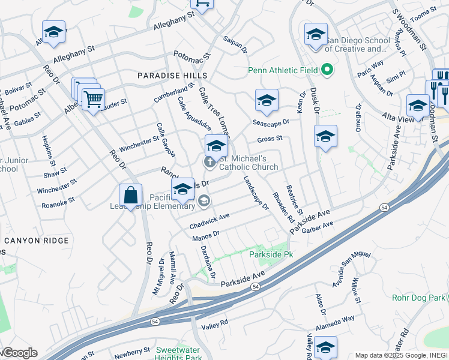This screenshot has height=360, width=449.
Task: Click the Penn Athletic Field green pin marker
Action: coord(327,70)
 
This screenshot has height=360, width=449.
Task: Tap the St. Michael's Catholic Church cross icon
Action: coord(210,161)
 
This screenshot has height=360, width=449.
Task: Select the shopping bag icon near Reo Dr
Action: coord(130,196)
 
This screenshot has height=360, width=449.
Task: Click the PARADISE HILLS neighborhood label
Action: coord(172,76)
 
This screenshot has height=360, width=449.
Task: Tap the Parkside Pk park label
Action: coord(271,254)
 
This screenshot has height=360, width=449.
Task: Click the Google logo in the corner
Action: coord(19,353)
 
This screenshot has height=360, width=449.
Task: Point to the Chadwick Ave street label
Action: coord(209,222)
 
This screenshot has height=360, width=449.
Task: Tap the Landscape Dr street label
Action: coord(256,193)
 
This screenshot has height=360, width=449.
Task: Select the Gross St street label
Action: coord(270,139)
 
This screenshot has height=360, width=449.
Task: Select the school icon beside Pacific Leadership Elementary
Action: coord(182,191)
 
